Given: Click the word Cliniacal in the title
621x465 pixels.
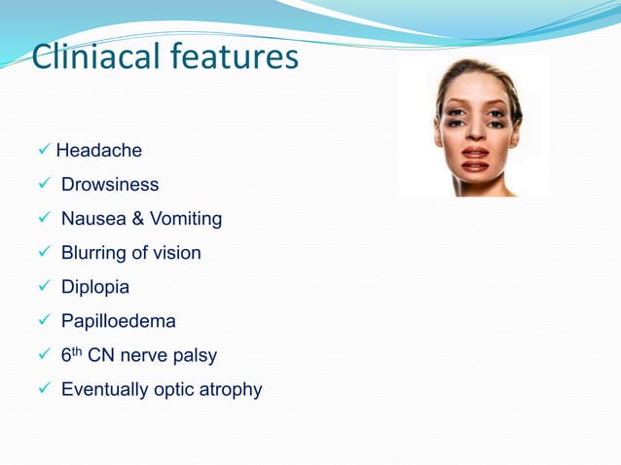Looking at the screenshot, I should point(92,57).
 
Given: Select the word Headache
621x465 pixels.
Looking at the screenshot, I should point(98,151).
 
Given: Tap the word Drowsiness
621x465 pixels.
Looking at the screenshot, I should point(109,185).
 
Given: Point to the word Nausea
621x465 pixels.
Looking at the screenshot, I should point(91,219).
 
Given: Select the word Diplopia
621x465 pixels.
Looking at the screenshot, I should point(94,287).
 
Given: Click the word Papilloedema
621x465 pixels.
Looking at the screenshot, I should point(118,321).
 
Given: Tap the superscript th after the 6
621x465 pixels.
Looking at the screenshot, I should point(79,351).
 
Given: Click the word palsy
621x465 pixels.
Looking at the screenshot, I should point(196,356).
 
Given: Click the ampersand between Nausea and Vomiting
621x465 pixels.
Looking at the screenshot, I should point(136,219).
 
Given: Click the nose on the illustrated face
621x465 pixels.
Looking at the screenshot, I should point(476,136).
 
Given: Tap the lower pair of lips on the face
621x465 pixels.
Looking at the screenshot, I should point(476,166).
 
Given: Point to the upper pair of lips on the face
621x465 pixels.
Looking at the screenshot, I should point(476,153).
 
